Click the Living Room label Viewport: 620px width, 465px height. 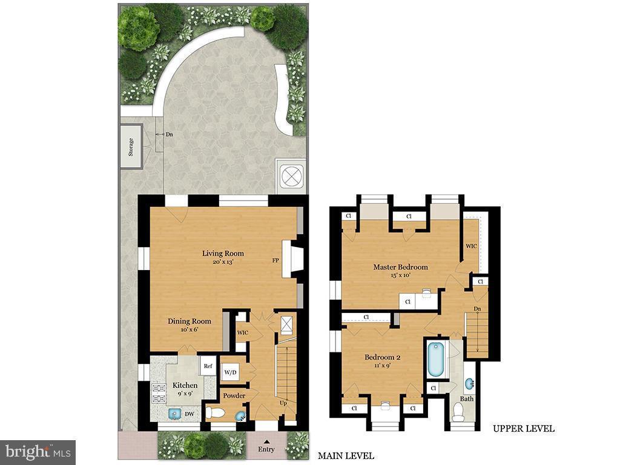(223, 253)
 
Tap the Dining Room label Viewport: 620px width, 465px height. (190, 321)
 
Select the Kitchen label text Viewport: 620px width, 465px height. (185, 385)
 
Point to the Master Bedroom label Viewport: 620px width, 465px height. (400, 267)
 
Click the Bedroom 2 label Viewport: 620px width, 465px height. (382, 357)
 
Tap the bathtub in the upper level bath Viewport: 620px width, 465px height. (436, 360)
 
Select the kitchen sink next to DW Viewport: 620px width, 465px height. (175, 414)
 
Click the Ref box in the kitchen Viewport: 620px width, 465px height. (208, 366)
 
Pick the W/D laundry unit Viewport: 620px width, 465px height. (231, 372)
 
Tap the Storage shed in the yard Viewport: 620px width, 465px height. (131, 147)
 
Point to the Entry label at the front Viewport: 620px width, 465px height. (266, 449)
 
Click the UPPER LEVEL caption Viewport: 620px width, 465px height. (523, 429)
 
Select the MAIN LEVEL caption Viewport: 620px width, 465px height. (346, 456)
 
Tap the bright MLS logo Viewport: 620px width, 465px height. (38, 452)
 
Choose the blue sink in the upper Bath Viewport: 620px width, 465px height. (470, 383)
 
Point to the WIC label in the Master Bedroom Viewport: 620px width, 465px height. (472, 246)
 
